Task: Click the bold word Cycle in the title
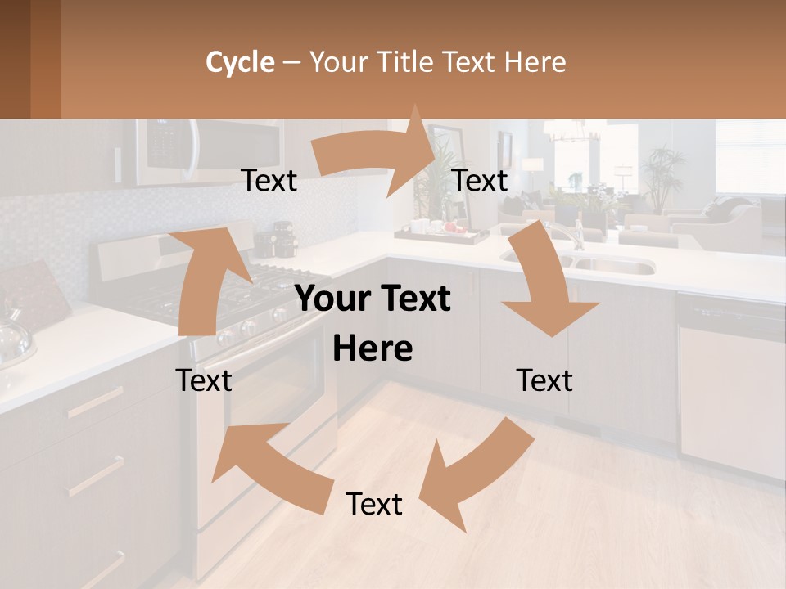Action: (240, 62)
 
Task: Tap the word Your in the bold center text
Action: (332, 299)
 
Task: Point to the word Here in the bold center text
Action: (373, 349)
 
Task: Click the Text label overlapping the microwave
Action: (269, 181)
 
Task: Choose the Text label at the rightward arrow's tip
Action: (480, 181)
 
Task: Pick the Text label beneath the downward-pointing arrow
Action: (544, 380)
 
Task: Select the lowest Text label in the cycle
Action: (374, 505)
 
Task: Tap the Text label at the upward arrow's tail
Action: (204, 380)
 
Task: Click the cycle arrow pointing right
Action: (377, 151)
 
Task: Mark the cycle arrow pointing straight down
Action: (544, 282)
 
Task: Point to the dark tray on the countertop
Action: (446, 236)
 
